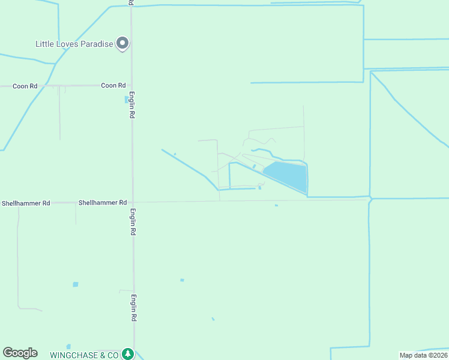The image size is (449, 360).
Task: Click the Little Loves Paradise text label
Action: [x=74, y=44]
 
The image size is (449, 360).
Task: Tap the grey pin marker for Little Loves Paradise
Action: [x=123, y=43]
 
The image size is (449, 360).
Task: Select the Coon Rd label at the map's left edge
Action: [x=25, y=86]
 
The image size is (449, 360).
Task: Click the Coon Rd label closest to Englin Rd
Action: [x=113, y=86]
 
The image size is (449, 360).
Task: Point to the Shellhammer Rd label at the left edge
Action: [x=26, y=203]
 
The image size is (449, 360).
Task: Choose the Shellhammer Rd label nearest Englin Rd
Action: [x=102, y=203]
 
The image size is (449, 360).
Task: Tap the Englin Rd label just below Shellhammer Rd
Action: [x=133, y=221]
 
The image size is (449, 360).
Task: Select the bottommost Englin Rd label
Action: [x=133, y=308]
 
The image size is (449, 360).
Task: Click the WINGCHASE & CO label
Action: [x=84, y=355]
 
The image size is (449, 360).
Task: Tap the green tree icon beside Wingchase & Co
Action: [x=127, y=354]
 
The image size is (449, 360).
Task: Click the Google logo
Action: [x=20, y=353]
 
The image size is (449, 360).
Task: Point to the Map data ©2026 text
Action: [x=423, y=355]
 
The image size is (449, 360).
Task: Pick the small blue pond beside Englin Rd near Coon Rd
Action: [x=126, y=99]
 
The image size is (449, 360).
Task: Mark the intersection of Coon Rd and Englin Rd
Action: [x=132, y=85]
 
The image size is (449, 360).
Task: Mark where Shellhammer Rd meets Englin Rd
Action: [x=133, y=202]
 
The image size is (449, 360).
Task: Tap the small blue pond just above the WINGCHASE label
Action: [x=68, y=346]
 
